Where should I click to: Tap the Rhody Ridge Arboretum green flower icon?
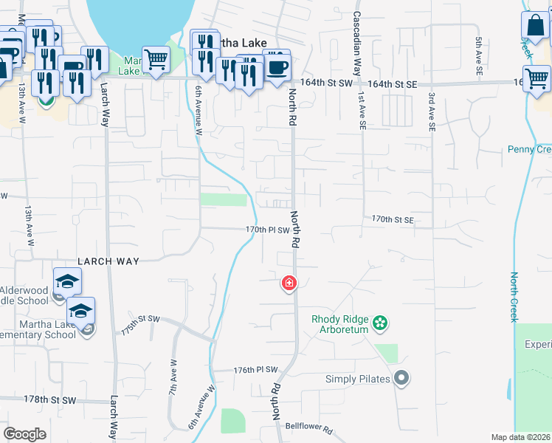coord(380,323)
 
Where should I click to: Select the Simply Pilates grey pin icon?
coord(401,379)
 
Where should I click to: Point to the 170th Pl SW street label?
coord(266,230)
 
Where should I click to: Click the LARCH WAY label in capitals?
coord(108,261)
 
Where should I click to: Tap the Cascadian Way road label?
coord(356,44)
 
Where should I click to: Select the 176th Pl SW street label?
coord(255,370)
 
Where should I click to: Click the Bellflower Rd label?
coord(310,428)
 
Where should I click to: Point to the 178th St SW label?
coord(50,399)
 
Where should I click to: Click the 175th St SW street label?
coord(140,326)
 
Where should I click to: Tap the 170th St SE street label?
coord(393,220)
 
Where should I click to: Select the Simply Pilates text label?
coord(357,380)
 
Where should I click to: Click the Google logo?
coord(24,434)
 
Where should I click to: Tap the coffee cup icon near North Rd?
coord(277,67)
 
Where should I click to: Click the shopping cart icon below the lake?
coord(156,60)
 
